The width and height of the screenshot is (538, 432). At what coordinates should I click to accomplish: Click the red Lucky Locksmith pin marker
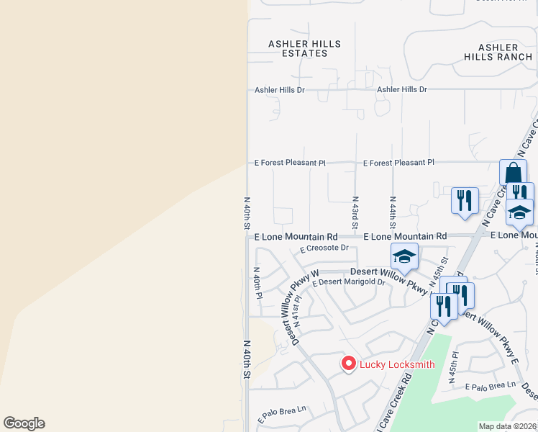tap(348, 364)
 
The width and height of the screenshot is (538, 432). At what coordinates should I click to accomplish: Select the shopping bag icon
tap(513, 174)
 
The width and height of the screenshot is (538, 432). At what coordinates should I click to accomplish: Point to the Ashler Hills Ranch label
tap(498, 52)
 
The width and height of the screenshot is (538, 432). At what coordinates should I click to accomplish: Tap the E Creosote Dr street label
tap(324, 248)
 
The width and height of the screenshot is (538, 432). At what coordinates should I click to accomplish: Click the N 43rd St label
tap(355, 210)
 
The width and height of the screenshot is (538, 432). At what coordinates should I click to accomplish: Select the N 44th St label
tap(393, 210)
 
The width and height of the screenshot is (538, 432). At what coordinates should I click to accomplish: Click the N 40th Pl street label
tap(257, 284)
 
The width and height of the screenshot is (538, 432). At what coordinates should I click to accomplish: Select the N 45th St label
tap(439, 270)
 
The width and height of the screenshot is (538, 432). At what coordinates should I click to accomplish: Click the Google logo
tap(24, 423)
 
